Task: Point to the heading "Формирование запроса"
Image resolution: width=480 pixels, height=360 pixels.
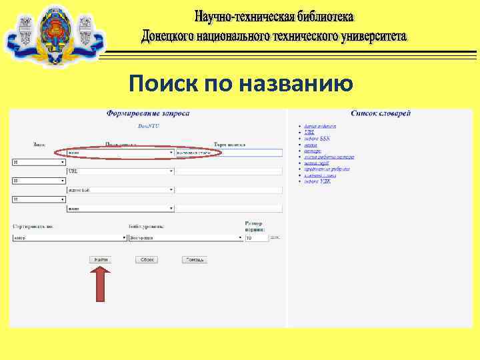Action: (x=148, y=113)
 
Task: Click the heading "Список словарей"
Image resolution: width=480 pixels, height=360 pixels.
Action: (x=381, y=113)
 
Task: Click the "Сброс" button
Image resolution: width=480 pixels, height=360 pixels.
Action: (x=147, y=259)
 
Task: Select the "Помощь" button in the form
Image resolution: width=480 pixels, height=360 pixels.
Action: (x=195, y=259)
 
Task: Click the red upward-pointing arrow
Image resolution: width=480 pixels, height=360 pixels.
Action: (x=100, y=283)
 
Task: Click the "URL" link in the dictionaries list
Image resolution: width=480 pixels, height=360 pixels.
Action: (x=309, y=133)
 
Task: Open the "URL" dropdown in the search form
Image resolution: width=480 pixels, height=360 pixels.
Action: (x=120, y=171)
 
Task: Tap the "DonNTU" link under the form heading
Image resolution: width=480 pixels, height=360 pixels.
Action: (x=148, y=126)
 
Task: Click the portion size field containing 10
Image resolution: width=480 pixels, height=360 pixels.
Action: (x=256, y=237)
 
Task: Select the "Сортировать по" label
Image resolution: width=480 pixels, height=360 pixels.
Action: (x=32, y=227)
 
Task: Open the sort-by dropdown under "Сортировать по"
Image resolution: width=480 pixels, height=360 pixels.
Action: (x=70, y=237)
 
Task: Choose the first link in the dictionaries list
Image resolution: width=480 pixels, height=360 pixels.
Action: (x=320, y=126)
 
